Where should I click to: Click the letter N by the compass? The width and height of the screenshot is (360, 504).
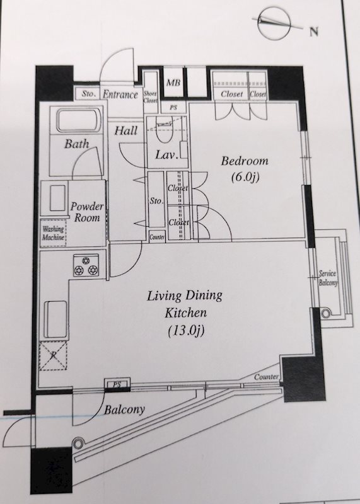(313, 31)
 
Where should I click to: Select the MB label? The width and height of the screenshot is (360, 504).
(172, 83)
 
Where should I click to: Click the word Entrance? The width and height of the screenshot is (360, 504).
(120, 95)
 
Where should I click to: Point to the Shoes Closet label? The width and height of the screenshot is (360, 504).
(150, 96)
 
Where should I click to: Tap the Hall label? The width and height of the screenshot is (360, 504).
(127, 132)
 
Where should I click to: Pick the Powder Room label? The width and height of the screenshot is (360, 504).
(87, 212)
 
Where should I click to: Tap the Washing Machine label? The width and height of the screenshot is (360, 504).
(54, 234)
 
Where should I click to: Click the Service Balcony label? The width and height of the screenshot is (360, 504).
(328, 278)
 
